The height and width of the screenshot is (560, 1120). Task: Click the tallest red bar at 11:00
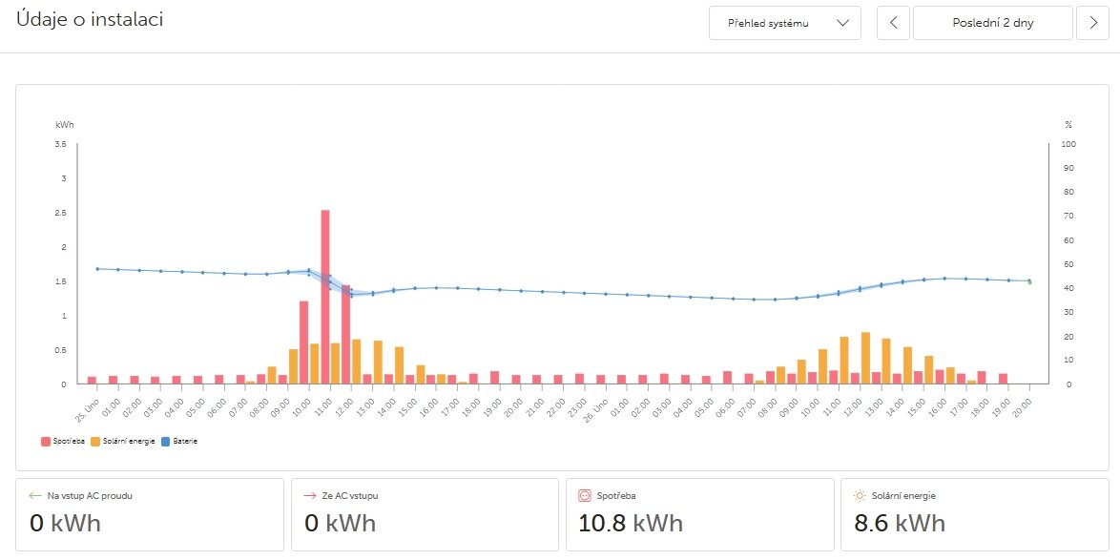click(325, 296)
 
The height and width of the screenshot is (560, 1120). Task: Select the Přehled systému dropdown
click(784, 23)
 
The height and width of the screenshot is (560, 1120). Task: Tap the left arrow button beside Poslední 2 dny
click(893, 23)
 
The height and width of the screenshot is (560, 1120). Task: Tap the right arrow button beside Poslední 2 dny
click(1092, 23)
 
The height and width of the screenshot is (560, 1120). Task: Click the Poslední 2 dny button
click(992, 23)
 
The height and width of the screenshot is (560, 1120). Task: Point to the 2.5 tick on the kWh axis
click(62, 213)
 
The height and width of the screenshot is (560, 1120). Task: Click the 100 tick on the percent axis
click(1068, 144)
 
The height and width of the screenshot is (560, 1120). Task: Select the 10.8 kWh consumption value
click(631, 523)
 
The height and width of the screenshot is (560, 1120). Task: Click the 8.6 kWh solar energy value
click(901, 523)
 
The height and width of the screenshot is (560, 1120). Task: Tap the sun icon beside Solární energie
click(860, 495)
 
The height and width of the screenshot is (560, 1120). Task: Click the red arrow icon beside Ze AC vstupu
click(309, 495)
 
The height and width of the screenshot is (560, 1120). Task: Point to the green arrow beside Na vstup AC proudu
click(35, 495)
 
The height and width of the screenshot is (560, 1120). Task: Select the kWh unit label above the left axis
click(64, 125)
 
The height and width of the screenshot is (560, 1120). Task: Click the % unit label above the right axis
click(1068, 125)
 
